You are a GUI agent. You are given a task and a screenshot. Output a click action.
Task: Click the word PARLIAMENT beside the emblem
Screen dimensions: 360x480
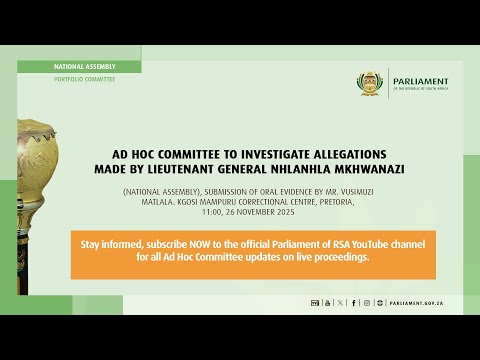422,81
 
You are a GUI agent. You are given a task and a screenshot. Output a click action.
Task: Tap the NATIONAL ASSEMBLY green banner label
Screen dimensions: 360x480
82,66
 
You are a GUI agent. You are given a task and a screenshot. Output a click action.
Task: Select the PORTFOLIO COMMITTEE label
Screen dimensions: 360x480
84,78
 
